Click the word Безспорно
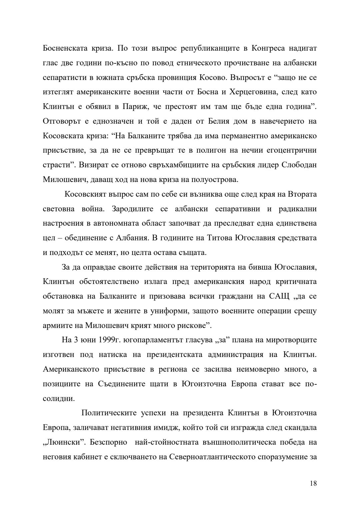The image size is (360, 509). pyautogui.click(x=111, y=442)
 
